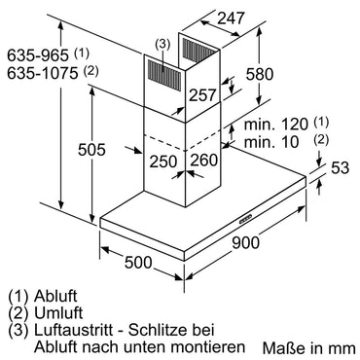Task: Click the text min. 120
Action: [270, 126]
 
